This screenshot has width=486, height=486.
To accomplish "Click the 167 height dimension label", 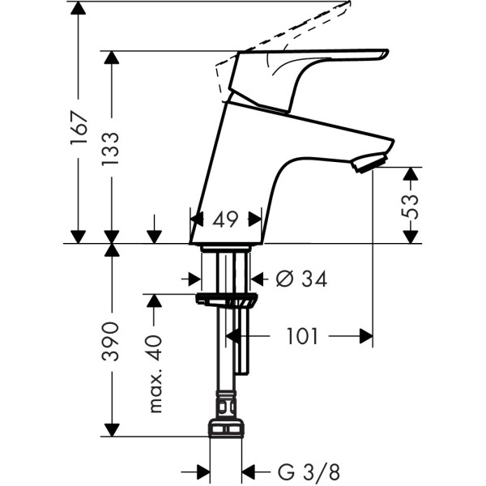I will coord(78,127).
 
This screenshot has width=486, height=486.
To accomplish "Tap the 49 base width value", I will coord(225,219).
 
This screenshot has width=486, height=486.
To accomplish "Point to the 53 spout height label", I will coord(411,206).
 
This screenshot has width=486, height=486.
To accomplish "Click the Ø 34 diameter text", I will coord(301,279).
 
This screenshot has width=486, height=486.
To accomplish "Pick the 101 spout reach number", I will coord(303,336).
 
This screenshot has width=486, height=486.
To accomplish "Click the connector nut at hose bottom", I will coord(226,428).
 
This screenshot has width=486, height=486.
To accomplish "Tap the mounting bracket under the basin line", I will coord(226,300).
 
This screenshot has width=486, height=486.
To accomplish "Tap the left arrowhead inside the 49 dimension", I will coord(196,219).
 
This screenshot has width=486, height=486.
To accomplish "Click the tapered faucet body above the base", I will coord(243,162).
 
